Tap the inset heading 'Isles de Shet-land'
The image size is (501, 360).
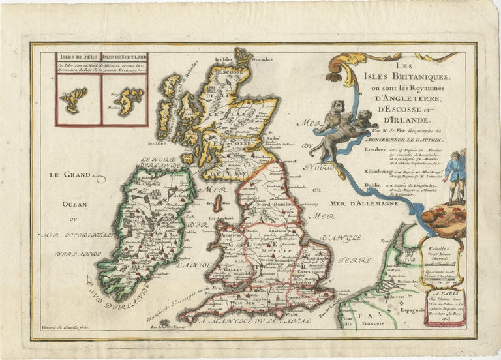click(125, 56)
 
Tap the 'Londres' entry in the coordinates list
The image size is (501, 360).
click(373, 149)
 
